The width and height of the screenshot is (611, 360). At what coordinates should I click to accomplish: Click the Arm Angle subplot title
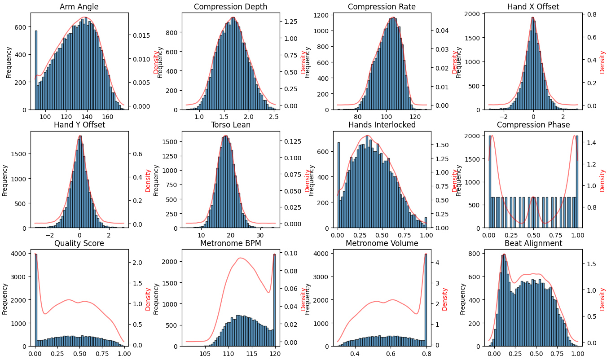79,7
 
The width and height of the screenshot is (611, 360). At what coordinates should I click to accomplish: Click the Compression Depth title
230,7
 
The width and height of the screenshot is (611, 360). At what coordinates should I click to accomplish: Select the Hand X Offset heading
533,7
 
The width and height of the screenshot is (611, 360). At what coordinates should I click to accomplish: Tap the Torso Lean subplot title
230,125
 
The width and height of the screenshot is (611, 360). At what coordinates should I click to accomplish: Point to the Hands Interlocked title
382,125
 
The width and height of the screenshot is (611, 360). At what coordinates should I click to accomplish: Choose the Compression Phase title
533,125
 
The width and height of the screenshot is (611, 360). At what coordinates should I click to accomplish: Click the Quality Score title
79,243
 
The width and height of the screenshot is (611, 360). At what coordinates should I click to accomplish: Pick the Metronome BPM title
230,243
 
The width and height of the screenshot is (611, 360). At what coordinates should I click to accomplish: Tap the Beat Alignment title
533,243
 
